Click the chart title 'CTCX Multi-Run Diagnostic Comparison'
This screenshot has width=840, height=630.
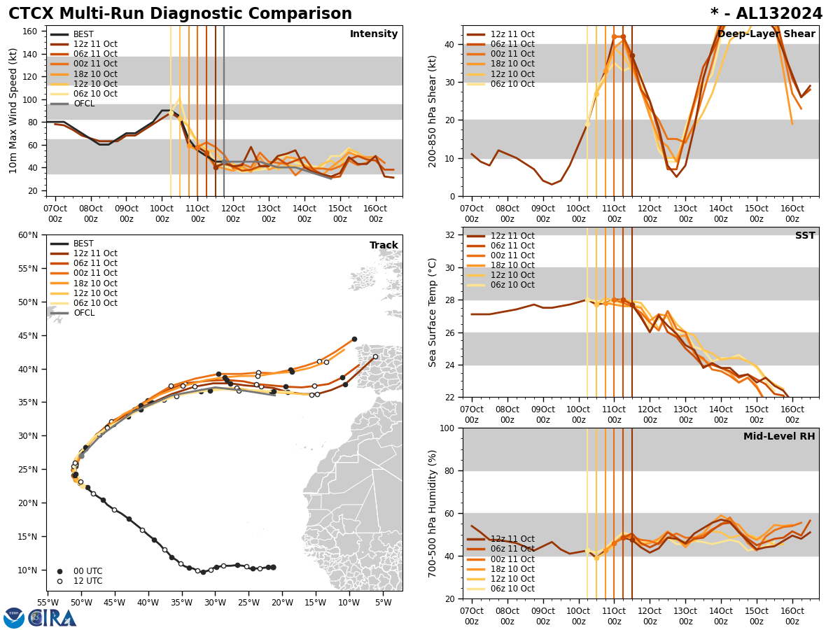[x=180, y=14]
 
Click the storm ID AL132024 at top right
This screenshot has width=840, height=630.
[x=776, y=14]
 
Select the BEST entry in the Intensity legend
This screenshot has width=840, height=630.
[x=83, y=34]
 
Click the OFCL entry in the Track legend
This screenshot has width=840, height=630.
[x=84, y=313]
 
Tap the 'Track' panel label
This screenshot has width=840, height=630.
[x=384, y=246]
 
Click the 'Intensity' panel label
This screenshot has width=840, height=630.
[x=374, y=34]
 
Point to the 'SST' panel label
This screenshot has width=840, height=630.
[x=805, y=236]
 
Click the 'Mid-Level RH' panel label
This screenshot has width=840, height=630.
[x=779, y=437]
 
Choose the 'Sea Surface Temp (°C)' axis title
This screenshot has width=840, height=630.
[x=433, y=312]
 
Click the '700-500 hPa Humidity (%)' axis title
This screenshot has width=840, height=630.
[x=433, y=513]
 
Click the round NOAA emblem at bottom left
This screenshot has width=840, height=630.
[x=14, y=618]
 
